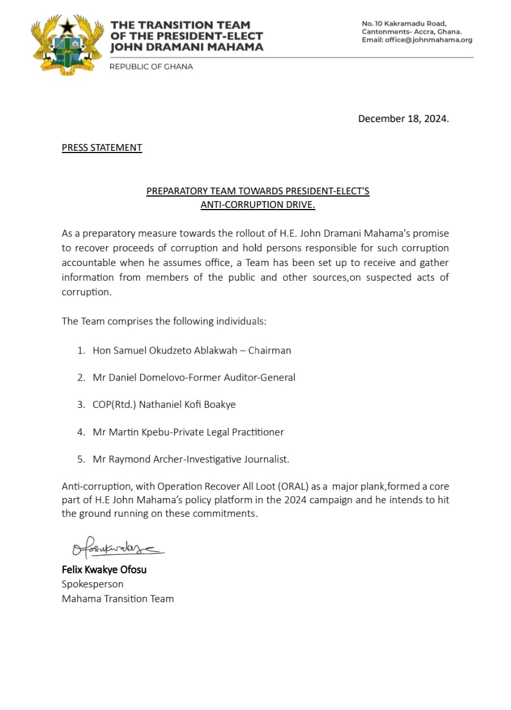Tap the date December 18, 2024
click(404, 119)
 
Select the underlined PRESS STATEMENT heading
click(102, 148)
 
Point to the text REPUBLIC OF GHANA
click(151, 67)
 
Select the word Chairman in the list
click(270, 350)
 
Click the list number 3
click(81, 404)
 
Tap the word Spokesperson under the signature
click(92, 583)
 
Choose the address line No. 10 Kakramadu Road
click(404, 24)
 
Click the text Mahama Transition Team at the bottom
click(118, 598)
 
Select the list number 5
click(81, 459)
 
